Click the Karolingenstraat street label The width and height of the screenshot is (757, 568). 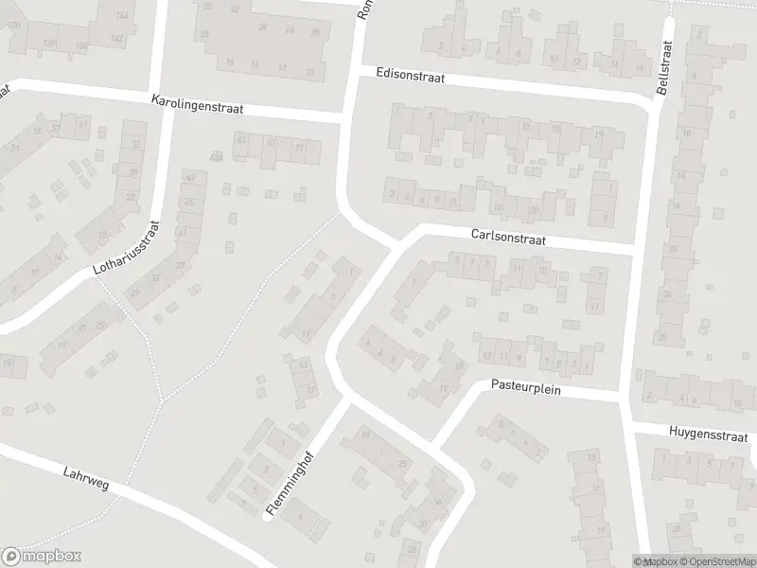point(197,104)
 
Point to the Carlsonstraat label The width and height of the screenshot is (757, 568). point(508,240)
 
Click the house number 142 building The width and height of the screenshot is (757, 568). point(117,38)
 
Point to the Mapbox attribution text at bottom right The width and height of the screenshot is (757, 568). point(656,561)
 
